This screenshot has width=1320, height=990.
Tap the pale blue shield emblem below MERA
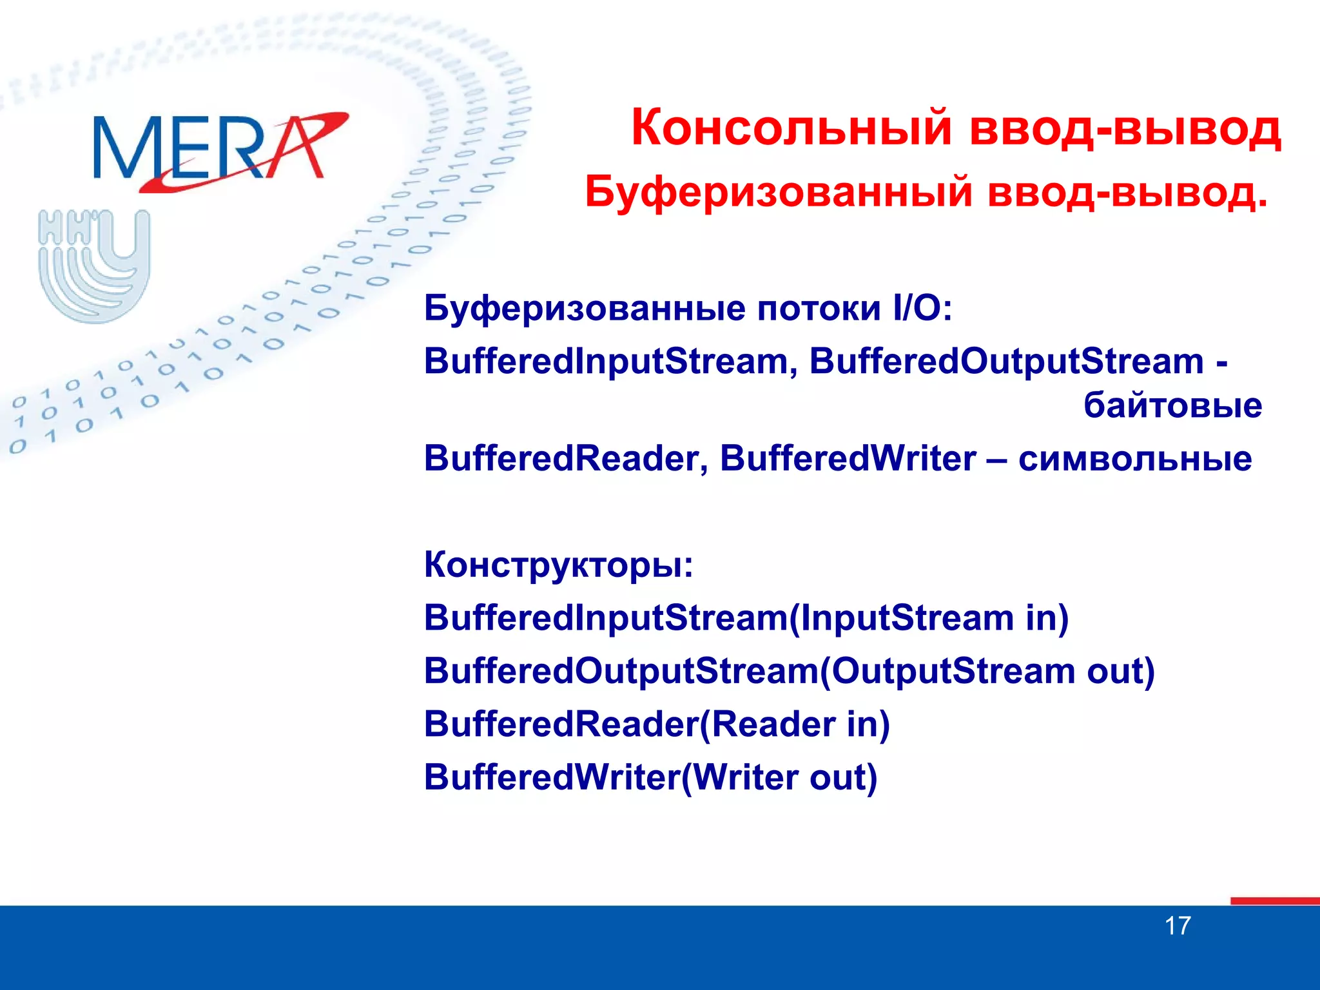(94, 266)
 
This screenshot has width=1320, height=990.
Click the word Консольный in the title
(791, 128)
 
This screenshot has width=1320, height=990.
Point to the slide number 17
(1177, 926)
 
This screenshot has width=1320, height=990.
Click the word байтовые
(1172, 405)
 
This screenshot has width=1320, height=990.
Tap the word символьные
(1135, 458)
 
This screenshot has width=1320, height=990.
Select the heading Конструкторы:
(558, 565)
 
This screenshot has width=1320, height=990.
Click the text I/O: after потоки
(922, 308)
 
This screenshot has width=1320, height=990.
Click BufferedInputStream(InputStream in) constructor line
(746, 617)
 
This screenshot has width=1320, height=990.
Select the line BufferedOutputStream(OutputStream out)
(789, 670)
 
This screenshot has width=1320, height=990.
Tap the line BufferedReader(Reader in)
(657, 724)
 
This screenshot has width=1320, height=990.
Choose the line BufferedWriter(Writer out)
(650, 777)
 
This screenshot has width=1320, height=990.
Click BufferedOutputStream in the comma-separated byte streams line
(1006, 361)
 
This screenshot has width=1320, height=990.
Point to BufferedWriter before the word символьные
(848, 458)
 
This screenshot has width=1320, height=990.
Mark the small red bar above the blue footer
(1274, 900)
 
